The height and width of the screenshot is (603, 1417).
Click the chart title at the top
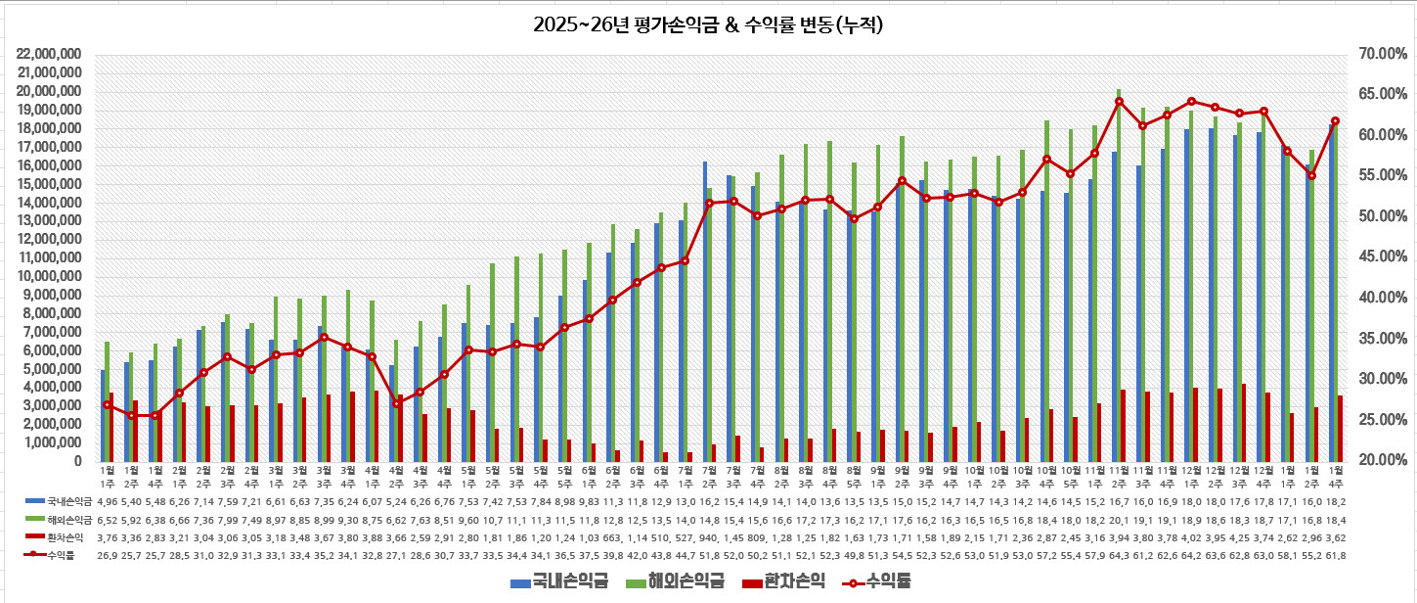(708, 24)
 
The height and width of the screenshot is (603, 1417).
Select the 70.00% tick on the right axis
(1376, 54)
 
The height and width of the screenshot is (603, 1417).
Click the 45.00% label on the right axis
(1376, 256)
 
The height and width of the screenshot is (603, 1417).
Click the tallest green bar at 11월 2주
(1119, 274)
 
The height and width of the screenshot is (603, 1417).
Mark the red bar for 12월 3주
(1243, 422)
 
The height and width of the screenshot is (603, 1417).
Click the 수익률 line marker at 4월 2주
(396, 403)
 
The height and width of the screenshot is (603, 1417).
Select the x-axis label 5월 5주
(564, 476)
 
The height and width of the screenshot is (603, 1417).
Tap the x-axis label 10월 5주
(1071, 476)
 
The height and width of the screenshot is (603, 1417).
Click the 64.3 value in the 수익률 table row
(1119, 555)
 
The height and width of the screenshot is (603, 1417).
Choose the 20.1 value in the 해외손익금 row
(1119, 519)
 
